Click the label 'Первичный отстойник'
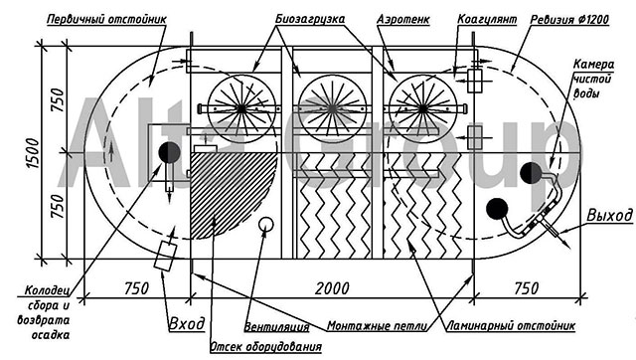click(x=107, y=19)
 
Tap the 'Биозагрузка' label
click(x=310, y=19)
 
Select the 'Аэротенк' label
click(x=403, y=19)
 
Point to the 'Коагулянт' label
click(x=487, y=19)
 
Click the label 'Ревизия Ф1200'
click(x=569, y=19)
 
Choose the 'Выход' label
click(x=609, y=215)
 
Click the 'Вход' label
click(x=187, y=324)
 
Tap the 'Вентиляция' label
click(x=276, y=327)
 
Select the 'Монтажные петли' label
click(x=378, y=326)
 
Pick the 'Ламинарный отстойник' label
click(x=511, y=325)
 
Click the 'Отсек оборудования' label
click(x=266, y=347)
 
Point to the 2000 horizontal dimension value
click(x=332, y=288)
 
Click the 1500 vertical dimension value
click(x=33, y=152)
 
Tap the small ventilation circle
click(x=266, y=224)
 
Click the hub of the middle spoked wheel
click(x=332, y=108)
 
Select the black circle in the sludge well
click(x=169, y=152)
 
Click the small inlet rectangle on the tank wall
click(x=166, y=257)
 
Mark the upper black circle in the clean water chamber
click(x=531, y=173)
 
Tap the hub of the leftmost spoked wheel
click(x=241, y=108)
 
